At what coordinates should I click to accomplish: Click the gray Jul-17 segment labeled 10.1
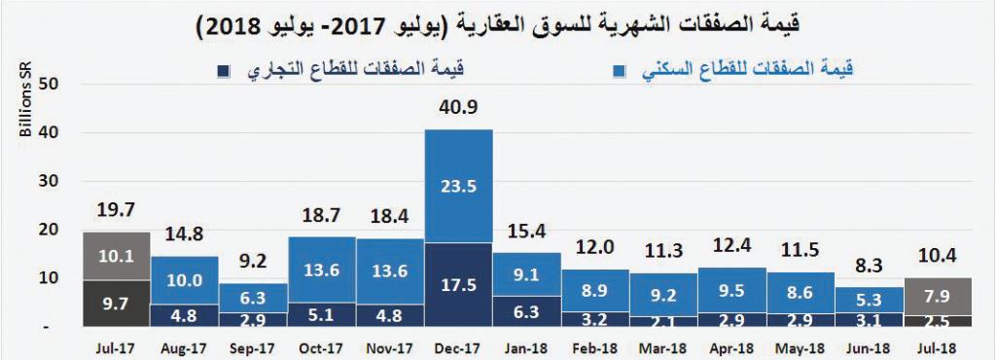pyautogui.click(x=117, y=256)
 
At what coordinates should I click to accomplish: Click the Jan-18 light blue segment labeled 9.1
pyautogui.click(x=526, y=273)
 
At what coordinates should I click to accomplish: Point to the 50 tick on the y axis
pyautogui.click(x=50, y=84)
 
